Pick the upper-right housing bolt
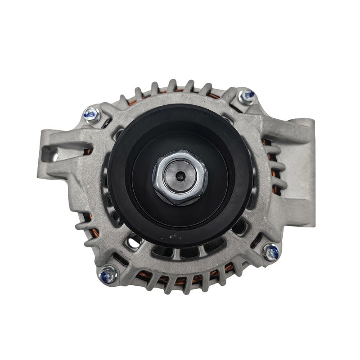click(x=247, y=95)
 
